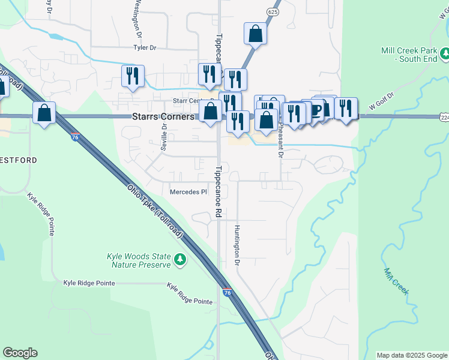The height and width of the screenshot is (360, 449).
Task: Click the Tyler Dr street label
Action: coord(145,47)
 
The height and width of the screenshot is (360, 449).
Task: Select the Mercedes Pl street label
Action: coord(188,193)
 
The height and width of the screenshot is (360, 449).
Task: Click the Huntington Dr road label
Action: coord(237,246)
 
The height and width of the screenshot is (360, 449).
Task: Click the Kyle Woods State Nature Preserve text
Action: coord(140,260)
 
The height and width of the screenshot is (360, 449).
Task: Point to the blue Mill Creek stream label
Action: coord(397,281)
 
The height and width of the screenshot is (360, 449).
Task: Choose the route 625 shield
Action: coord(274,11)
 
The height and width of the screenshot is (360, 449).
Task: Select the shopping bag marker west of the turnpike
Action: coord(44,112)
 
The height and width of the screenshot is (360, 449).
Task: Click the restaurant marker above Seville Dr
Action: coord(133,76)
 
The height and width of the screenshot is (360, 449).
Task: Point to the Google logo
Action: coord(20,353)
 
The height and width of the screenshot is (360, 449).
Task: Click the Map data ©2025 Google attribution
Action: coord(411,355)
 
